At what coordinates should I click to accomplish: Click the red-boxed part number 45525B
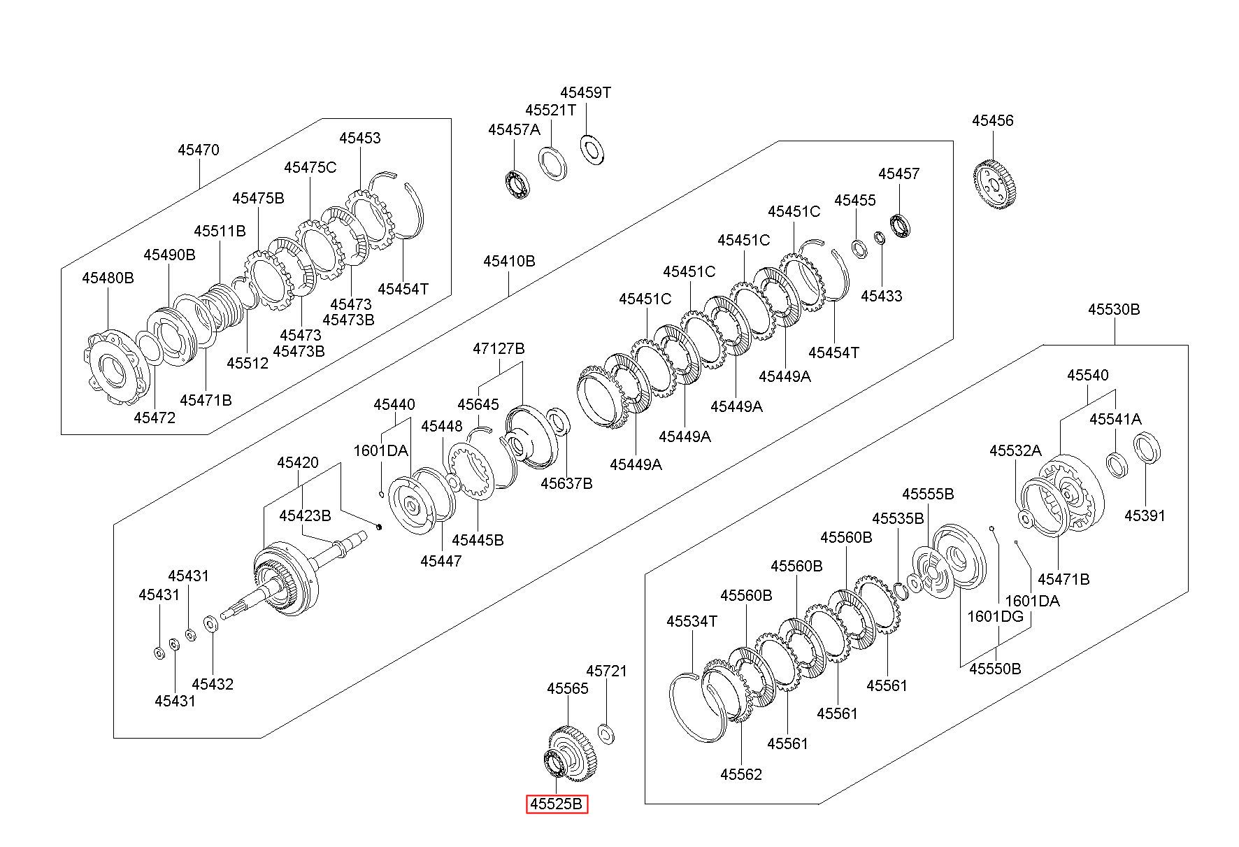point(557,804)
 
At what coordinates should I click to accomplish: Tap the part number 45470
point(198,150)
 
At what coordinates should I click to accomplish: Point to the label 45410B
point(509,262)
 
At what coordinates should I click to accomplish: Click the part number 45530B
point(1114,309)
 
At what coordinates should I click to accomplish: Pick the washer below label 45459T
point(593,149)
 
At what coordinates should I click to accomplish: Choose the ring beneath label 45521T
point(553,163)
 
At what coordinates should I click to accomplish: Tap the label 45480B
point(108,278)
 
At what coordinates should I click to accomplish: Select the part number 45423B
point(305,515)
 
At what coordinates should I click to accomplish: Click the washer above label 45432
point(211,623)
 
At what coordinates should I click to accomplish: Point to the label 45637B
point(566,483)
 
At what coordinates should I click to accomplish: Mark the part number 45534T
point(692,621)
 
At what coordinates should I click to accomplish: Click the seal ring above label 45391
point(1147,448)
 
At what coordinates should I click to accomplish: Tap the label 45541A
point(1115,419)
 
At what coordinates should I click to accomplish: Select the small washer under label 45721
point(607,734)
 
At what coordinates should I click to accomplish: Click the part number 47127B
point(499,348)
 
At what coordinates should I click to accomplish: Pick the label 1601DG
point(995,616)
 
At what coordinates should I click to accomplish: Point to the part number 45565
point(568,688)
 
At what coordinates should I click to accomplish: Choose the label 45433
point(882,296)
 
